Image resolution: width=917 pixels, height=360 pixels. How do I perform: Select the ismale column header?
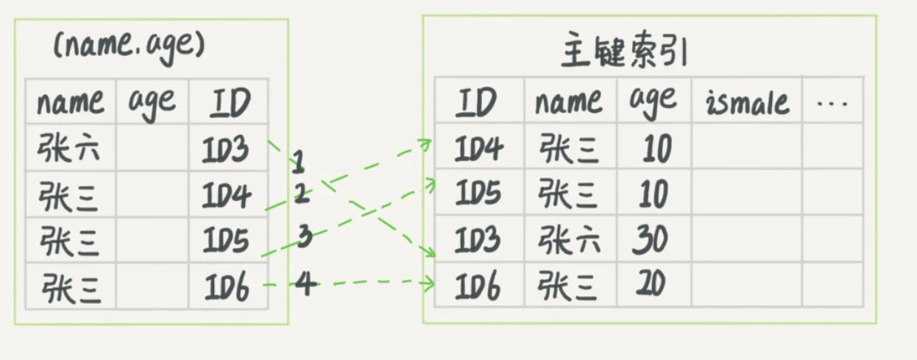click(x=747, y=102)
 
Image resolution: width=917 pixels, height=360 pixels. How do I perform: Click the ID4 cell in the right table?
click(x=479, y=149)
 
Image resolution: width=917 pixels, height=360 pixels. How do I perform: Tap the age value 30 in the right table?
click(x=650, y=240)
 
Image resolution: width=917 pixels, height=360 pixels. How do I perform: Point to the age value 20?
click(x=650, y=285)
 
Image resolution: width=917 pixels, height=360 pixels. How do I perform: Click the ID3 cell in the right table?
click(x=479, y=240)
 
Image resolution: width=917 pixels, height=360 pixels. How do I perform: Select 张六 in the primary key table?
click(x=569, y=240)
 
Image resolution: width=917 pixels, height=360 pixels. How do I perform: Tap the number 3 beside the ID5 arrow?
click(x=305, y=237)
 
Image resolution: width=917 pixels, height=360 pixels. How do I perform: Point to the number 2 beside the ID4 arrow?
click(x=302, y=193)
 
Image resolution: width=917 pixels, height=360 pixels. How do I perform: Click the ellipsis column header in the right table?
click(x=832, y=103)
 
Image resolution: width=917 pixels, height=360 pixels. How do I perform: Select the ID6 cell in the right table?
click(x=479, y=286)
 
